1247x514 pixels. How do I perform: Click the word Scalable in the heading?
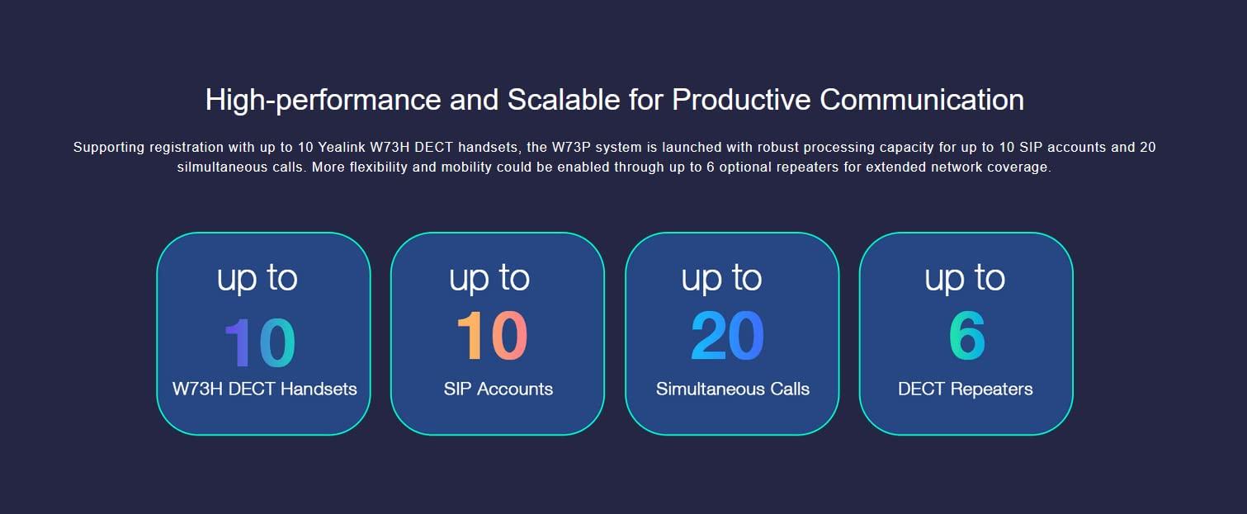pyautogui.click(x=564, y=100)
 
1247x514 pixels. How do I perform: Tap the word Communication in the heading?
pyautogui.click(x=921, y=100)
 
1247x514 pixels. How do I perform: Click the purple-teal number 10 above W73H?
pyautogui.click(x=260, y=342)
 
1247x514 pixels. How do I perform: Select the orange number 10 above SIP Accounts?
pyautogui.click(x=492, y=336)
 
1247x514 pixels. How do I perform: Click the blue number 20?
pyautogui.click(x=727, y=336)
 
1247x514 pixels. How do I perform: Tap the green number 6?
pyautogui.click(x=967, y=336)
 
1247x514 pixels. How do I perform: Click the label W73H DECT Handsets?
pyautogui.click(x=264, y=389)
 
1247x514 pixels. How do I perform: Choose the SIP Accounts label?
pyautogui.click(x=498, y=389)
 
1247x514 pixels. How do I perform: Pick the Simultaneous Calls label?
pyautogui.click(x=733, y=389)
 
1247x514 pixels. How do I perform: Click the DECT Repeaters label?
pyautogui.click(x=966, y=389)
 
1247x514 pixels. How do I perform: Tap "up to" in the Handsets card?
pyautogui.click(x=257, y=278)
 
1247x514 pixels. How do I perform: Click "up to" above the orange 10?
pyautogui.click(x=489, y=278)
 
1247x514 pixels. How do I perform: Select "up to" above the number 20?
pyautogui.click(x=721, y=278)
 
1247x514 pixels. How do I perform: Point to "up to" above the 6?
pyautogui.click(x=965, y=278)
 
